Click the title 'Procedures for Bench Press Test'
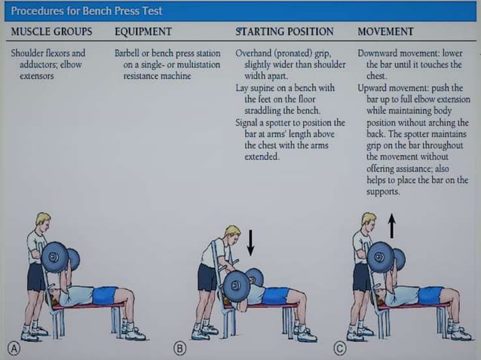pyautogui.click(x=87, y=11)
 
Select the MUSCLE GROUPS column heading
pyautogui.click(x=52, y=32)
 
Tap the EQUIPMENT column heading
pyautogui.click(x=142, y=32)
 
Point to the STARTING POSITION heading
pyautogui.click(x=284, y=32)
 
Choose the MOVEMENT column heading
pyautogui.click(x=385, y=32)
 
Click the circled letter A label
pyautogui.click(x=13, y=349)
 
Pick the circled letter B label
pyautogui.click(x=180, y=349)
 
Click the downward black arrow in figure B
pyautogui.click(x=251, y=242)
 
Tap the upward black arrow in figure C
pyautogui.click(x=391, y=225)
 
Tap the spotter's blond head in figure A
pyautogui.click(x=43, y=221)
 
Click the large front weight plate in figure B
pyautogui.click(x=236, y=286)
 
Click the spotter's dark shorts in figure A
pyautogui.click(x=35, y=276)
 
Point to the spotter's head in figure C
pyautogui.click(x=368, y=221)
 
